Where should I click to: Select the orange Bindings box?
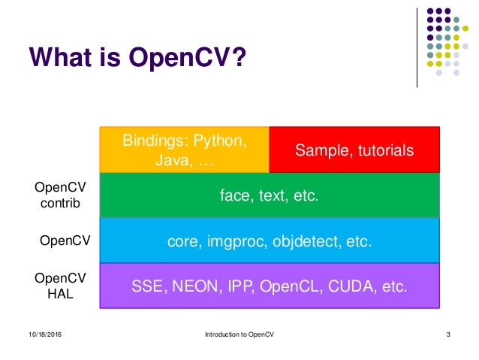pos(184,150)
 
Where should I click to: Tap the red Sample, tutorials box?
pos(354,150)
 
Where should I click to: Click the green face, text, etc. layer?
pos(269,196)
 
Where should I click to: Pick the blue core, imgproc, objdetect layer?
pos(269,241)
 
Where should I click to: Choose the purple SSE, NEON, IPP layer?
pos(269,286)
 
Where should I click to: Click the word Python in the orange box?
pos(223,141)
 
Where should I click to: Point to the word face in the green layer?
pos(233,196)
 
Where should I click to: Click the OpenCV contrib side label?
pos(56,195)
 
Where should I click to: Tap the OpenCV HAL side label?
pos(56,286)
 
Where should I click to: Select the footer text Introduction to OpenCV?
pos(239,334)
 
